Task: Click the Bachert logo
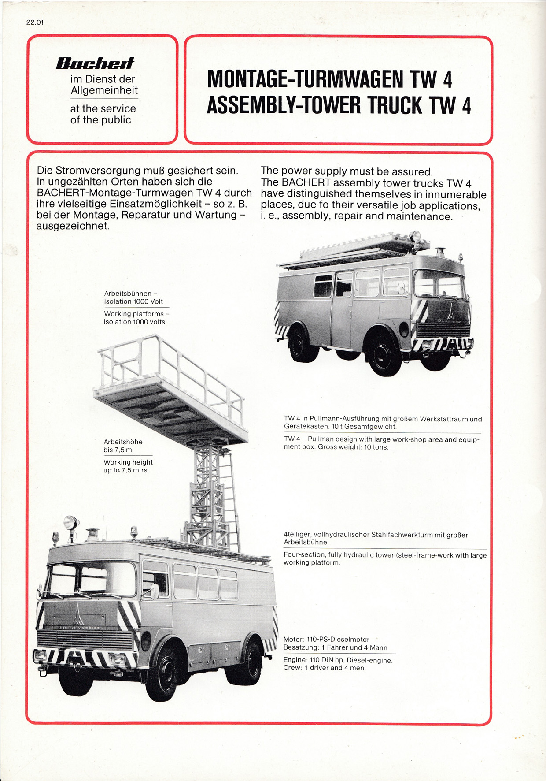[x=95, y=63]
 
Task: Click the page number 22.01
[x=35, y=22]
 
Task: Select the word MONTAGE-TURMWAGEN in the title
[x=305, y=79]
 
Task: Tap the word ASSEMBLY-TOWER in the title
[x=284, y=105]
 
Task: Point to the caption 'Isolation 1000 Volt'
[x=133, y=301]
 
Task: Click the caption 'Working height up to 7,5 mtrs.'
[x=128, y=466]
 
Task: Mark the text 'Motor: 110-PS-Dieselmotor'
[x=326, y=639]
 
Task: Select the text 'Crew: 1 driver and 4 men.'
[x=325, y=668]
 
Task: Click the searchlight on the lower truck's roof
[x=70, y=523]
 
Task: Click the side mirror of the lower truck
[x=155, y=591]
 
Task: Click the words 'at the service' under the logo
[x=103, y=108]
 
